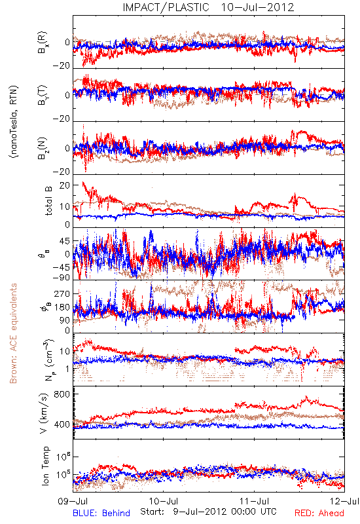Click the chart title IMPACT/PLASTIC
[x=166, y=7]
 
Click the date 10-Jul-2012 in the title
[x=257, y=7]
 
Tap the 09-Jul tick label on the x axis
[x=73, y=501]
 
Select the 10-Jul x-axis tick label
[x=164, y=501]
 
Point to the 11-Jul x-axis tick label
[x=255, y=501]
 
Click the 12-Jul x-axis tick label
[x=345, y=501]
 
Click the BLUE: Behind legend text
[x=101, y=513]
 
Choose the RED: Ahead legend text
[x=319, y=513]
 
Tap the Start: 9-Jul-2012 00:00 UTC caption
[x=208, y=512]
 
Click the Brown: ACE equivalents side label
[x=13, y=333]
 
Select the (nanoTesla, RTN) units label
[x=14, y=122]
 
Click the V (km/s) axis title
[x=44, y=413]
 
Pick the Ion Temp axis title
[x=45, y=466]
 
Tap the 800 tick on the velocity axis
[x=62, y=394]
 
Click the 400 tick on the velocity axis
[x=62, y=424]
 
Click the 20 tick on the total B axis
[x=65, y=185]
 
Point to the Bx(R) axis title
[x=43, y=43]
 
